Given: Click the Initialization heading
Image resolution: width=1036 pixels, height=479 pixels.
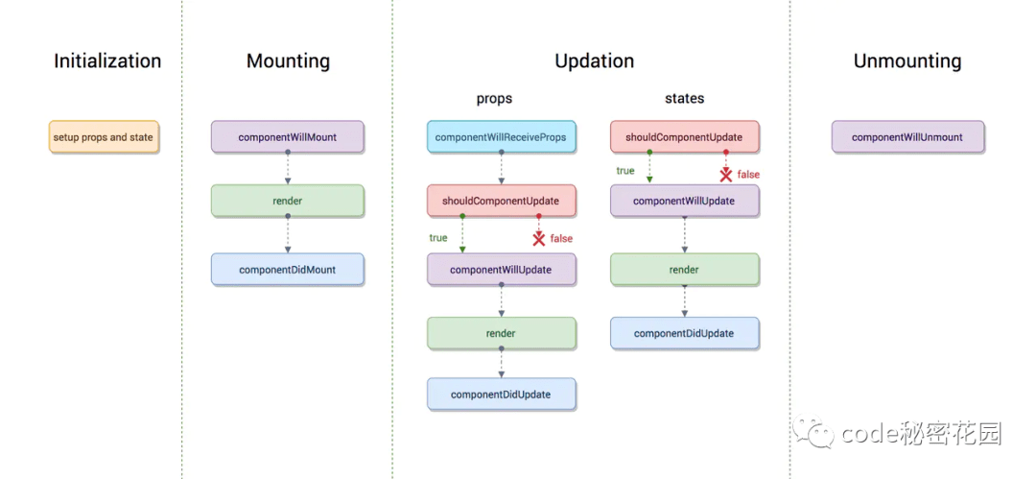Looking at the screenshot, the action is [x=107, y=61].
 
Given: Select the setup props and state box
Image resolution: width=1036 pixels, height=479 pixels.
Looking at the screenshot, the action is [x=104, y=137].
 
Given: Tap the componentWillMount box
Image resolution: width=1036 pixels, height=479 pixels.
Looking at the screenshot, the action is [x=288, y=137].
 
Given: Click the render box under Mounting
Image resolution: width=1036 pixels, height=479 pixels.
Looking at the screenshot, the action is [x=288, y=201].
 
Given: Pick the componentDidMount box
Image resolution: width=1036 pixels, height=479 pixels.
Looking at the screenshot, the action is [x=288, y=270].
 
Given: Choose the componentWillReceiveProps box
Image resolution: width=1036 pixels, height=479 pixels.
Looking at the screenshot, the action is [x=501, y=137].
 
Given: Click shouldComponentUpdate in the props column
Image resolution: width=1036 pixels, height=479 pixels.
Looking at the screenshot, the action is [x=501, y=201].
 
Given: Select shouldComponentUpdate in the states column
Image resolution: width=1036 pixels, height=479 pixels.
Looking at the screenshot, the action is [x=684, y=137].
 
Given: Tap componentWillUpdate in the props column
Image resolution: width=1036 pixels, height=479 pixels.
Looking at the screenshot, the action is [x=501, y=270].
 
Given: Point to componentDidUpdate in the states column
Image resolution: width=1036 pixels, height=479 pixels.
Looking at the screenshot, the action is [x=684, y=333].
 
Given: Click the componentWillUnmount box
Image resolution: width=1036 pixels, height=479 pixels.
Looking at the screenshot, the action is [x=907, y=137].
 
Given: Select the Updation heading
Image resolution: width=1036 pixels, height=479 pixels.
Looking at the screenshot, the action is [x=594, y=61].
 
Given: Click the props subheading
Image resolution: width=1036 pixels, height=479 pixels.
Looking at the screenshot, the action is [x=494, y=99].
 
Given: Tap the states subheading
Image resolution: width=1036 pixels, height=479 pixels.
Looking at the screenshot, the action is [x=685, y=99].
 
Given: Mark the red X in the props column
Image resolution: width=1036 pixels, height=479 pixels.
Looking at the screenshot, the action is [x=539, y=238].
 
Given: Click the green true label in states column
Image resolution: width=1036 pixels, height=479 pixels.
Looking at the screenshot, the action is [x=625, y=171].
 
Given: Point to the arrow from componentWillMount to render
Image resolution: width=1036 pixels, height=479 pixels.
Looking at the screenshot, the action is [x=288, y=169].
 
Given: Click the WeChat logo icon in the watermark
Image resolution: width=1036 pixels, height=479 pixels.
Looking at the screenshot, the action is [x=814, y=431].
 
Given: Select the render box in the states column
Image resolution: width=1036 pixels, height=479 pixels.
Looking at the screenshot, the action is [x=684, y=270].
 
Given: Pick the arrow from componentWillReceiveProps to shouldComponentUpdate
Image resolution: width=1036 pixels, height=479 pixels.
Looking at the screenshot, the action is [x=501, y=169].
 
